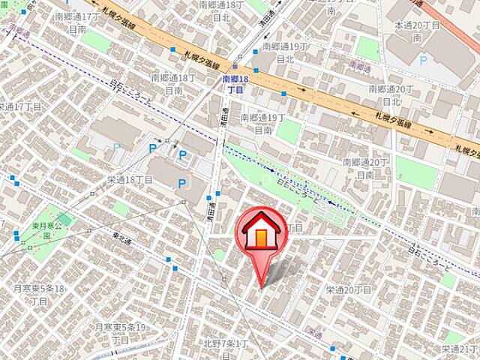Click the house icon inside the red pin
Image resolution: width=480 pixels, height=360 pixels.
coord(260,233)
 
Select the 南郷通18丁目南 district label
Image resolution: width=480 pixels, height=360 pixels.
coord(174,83)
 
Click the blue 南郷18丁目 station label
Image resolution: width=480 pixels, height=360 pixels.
coord(235,83)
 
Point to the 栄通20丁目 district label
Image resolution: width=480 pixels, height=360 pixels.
coord(349,289)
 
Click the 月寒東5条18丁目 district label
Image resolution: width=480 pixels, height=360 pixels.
coord(40,294)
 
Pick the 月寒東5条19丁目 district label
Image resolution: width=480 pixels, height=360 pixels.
coord(120,333)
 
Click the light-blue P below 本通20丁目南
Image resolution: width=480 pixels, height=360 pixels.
coord(424,59)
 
